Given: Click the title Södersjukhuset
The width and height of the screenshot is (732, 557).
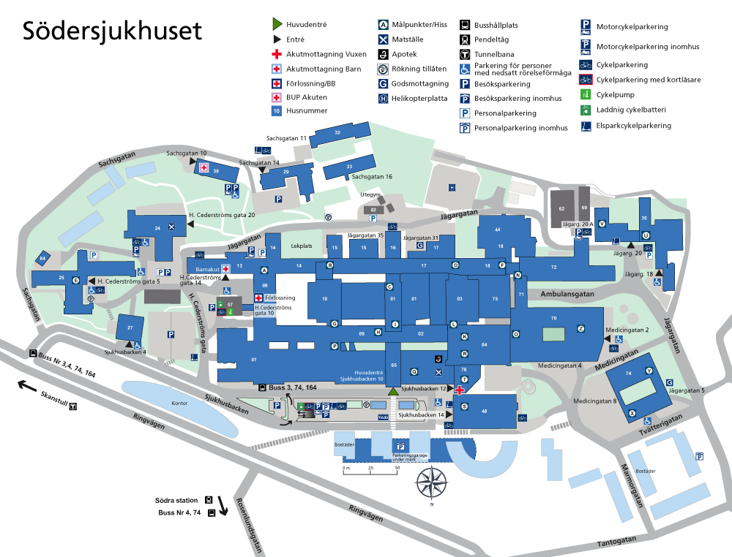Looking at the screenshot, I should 112,31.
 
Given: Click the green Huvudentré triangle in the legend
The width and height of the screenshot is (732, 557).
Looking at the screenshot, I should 277,25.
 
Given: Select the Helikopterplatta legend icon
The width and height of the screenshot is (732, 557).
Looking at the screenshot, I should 383,99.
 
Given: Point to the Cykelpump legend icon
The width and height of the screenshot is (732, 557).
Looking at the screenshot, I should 586,95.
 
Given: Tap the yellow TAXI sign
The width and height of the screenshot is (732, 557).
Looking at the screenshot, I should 383,416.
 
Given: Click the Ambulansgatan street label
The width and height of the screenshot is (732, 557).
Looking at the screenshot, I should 566,293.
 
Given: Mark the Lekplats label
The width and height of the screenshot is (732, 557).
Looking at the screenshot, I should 302,246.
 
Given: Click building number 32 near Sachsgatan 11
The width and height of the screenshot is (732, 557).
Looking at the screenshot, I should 337,132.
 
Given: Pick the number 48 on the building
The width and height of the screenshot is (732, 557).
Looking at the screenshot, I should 484,412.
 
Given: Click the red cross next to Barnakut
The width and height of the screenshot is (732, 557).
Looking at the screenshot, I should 226,268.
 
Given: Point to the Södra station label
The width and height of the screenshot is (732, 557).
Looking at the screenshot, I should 176,500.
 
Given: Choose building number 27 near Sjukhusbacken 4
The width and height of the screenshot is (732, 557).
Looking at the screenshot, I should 130,327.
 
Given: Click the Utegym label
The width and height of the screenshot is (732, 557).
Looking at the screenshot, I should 370,195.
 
